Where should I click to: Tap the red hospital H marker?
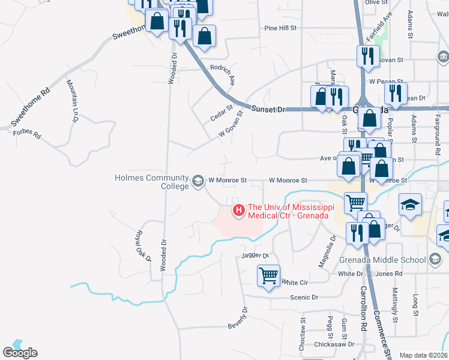238,210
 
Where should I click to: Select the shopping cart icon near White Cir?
268,277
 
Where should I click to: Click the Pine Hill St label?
281,28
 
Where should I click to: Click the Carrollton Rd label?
364,311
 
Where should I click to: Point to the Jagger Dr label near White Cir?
255,256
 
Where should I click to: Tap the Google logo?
20,353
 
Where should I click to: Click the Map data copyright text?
423,355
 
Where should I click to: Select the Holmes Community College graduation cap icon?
198,181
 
